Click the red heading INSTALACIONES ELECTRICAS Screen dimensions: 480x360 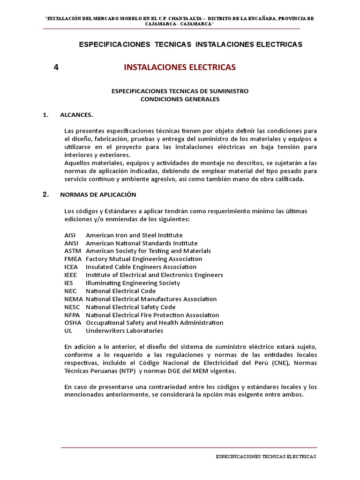point(180,67)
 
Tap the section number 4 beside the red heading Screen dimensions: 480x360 point(56,67)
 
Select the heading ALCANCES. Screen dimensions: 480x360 point(76,115)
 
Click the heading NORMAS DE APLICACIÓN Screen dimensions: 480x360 point(98,195)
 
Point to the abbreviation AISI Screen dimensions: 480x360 point(70,235)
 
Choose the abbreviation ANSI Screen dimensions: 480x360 point(71,243)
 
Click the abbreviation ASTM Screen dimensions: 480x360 point(73,251)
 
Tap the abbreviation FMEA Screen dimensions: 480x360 point(73,259)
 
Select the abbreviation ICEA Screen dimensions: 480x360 point(71,267)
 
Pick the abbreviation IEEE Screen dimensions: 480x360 point(71,275)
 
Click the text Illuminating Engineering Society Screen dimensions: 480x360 point(133,283)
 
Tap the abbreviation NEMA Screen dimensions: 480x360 point(73,299)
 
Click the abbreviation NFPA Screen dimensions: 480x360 point(73,315)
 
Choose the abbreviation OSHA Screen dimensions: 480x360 point(73,323)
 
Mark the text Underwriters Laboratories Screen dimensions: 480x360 point(124,331)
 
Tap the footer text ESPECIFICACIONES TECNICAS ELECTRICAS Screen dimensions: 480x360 point(266,457)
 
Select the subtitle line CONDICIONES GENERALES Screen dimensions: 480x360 point(180,99)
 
